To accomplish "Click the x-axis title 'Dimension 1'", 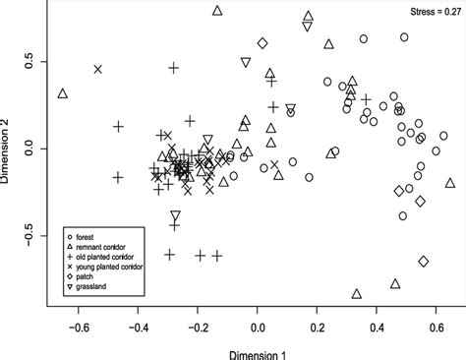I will tap(259, 350).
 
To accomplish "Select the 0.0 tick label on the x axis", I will tap(258, 326).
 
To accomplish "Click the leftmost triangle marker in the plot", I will tap(63, 94).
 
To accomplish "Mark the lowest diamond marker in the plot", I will tap(424, 262).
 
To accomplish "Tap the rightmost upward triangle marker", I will tap(450, 183).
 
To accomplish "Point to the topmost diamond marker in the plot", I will tap(262, 43).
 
